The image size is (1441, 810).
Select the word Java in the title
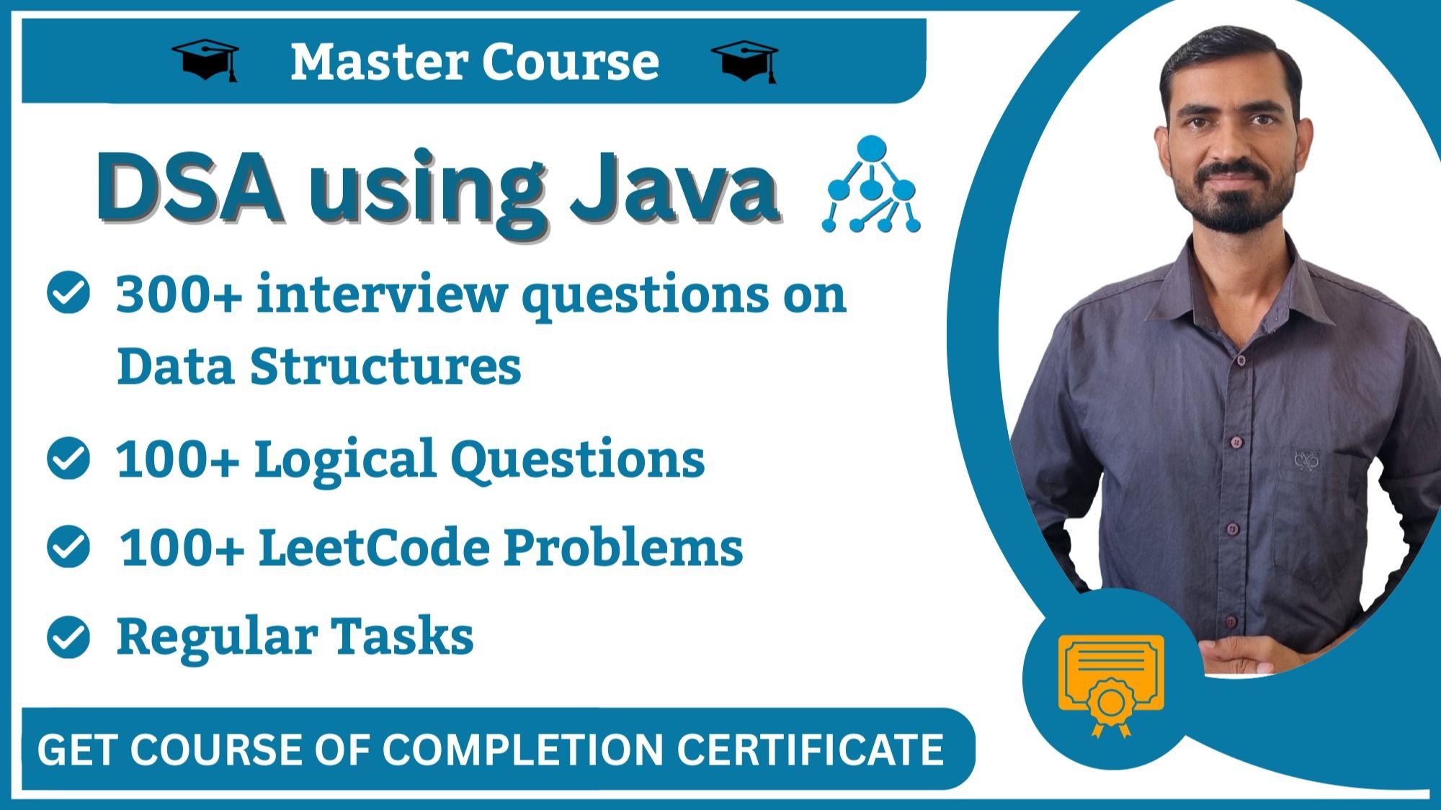(675, 189)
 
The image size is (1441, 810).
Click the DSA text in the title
(189, 189)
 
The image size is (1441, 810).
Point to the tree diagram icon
(871, 184)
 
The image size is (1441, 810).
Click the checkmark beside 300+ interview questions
(68, 293)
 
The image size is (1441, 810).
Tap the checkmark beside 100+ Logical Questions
(68, 459)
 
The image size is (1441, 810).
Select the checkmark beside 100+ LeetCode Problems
(68, 547)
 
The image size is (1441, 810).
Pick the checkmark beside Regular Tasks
(68, 637)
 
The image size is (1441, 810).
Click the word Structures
(385, 366)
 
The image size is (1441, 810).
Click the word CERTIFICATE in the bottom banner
(810, 750)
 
